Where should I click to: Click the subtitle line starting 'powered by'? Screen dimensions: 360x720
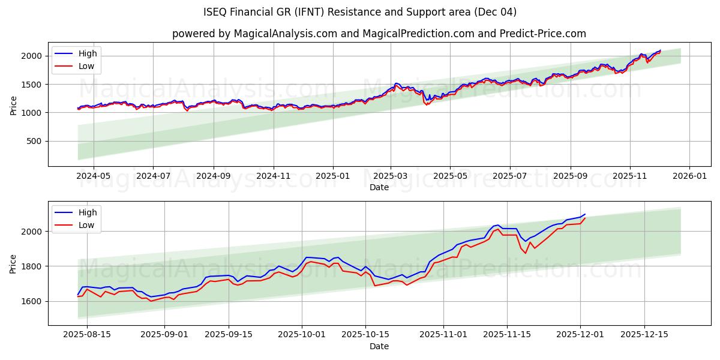point(379,34)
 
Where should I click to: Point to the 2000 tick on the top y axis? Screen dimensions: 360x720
point(34,56)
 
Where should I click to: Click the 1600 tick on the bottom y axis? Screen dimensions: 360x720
point(34,301)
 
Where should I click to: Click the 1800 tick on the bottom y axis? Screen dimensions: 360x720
point(34,266)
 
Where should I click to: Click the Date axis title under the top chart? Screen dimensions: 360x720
point(379,187)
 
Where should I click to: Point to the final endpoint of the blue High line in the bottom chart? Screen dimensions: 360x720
point(585,214)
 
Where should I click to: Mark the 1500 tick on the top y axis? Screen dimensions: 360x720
point(34,85)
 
